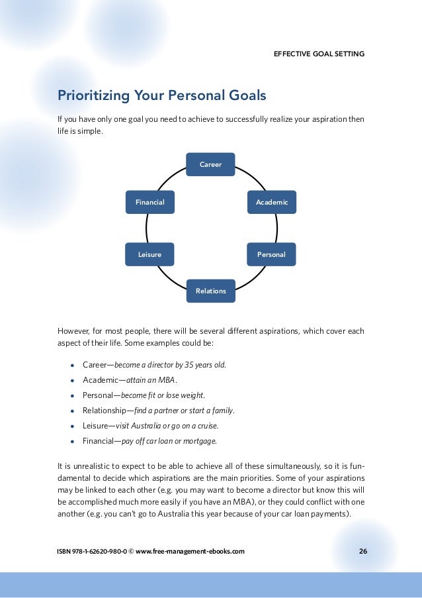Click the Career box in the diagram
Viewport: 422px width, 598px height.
pos(210,164)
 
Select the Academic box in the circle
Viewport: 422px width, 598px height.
pos(272,202)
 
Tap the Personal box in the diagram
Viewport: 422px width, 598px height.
pos(271,254)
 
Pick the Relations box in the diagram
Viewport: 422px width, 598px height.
pos(210,291)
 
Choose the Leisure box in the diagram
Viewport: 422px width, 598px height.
pos(149,254)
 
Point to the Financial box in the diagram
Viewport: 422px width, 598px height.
pos(150,202)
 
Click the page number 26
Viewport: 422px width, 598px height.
pos(362,551)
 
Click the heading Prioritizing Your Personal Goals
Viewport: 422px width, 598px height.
pos(162,96)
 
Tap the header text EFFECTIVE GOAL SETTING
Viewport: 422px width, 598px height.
pos(319,54)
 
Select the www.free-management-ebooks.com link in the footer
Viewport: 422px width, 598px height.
pos(190,551)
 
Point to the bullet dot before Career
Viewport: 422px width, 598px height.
pos(71,365)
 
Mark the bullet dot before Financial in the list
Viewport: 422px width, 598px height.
pos(71,441)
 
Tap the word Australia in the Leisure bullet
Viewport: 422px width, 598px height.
pos(163,426)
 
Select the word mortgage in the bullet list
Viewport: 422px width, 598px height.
pos(200,441)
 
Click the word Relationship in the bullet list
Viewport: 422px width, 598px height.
pos(105,411)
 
